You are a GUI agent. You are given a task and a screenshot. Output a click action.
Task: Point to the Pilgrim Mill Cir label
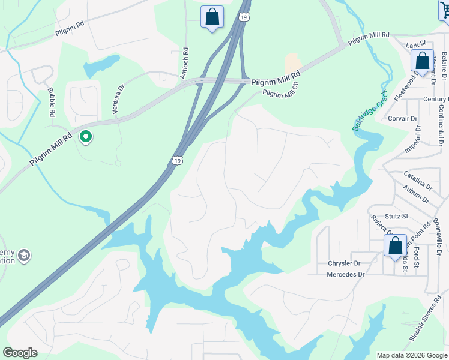[280, 87]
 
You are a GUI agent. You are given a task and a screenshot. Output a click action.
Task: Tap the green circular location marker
[86, 137]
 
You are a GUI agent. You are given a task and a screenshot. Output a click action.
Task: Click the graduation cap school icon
[24, 256]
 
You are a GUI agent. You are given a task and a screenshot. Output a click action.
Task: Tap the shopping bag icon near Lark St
[422, 61]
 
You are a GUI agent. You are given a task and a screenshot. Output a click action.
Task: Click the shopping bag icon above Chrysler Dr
[395, 246]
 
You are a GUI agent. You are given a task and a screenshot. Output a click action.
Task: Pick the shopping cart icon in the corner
[444, 9]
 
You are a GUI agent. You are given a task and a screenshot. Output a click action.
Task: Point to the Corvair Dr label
[402, 119]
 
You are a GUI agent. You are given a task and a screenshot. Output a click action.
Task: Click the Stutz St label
[396, 216]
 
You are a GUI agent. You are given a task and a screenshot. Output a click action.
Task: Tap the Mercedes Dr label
[345, 274]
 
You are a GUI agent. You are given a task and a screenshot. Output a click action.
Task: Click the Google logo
[20, 353]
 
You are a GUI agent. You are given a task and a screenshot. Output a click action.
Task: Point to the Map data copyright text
[412, 355]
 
